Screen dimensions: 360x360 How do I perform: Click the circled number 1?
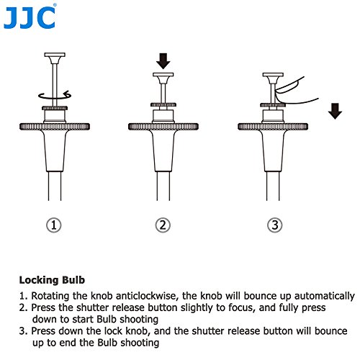tap(55, 225)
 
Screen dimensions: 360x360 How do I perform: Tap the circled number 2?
tap(163, 225)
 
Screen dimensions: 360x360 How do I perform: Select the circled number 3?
tap(272, 225)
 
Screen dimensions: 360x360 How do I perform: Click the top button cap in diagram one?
tap(55, 55)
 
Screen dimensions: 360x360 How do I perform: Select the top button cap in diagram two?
tap(163, 75)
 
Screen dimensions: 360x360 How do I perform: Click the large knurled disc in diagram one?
tap(55, 127)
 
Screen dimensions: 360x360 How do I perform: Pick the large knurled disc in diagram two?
tap(163, 127)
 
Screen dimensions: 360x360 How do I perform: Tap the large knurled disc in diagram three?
tap(272, 127)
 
